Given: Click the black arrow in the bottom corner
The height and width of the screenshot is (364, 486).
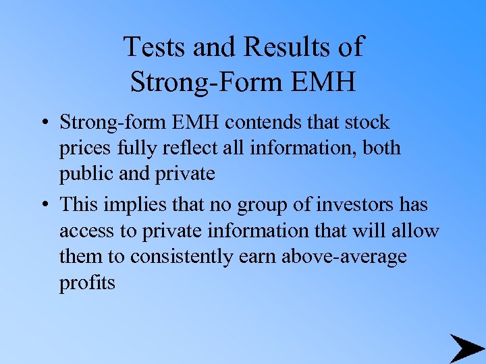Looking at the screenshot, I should (465, 348).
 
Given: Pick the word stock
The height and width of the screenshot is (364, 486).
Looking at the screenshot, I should (367, 123).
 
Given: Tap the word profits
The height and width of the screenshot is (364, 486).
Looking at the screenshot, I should (87, 283).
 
